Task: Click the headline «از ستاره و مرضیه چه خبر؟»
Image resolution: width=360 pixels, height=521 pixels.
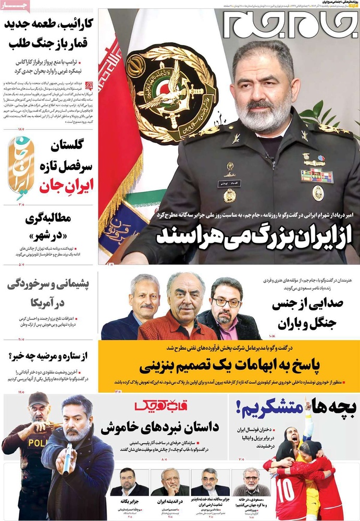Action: (50, 356)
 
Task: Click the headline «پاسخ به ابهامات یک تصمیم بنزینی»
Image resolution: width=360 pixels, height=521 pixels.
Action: (228, 363)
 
